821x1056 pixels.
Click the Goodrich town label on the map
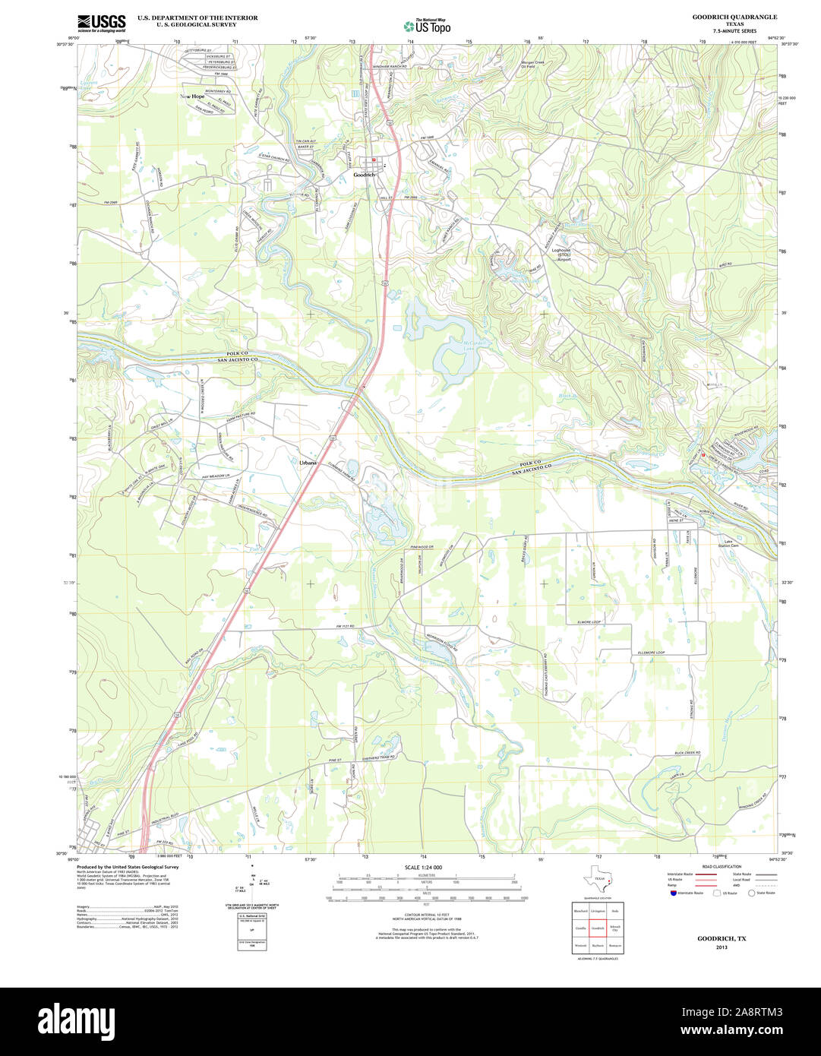click(x=365, y=175)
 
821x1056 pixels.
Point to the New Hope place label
click(x=192, y=96)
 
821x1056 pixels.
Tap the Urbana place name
click(x=308, y=463)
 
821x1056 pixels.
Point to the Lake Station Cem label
click(x=731, y=544)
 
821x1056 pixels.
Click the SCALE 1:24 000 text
click(x=423, y=868)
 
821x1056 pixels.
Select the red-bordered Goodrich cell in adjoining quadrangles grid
click(x=598, y=928)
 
